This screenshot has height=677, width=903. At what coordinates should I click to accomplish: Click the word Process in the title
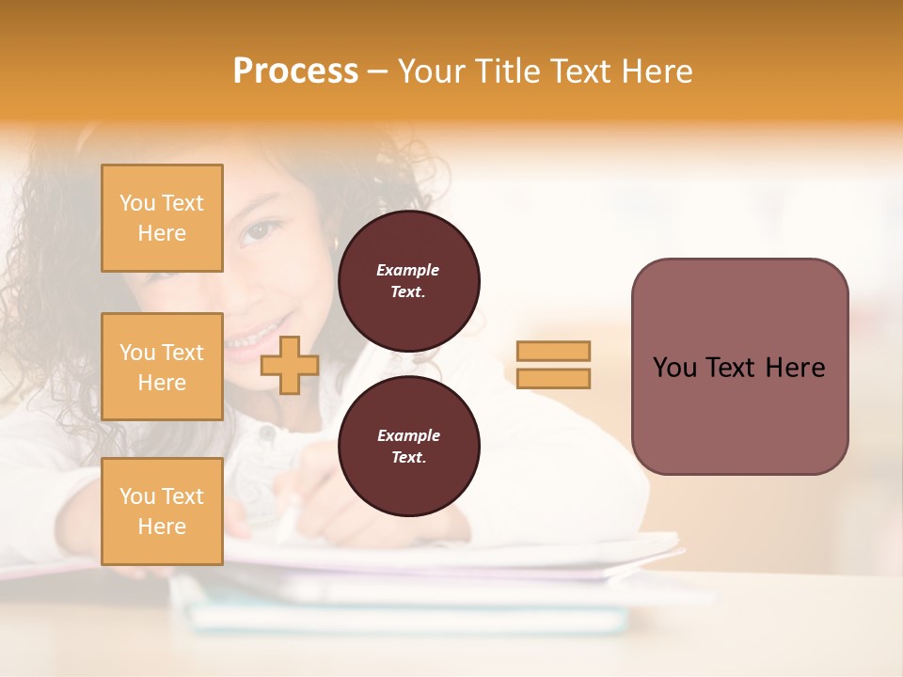tap(295, 71)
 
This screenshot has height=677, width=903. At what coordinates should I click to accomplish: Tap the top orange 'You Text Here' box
tap(162, 218)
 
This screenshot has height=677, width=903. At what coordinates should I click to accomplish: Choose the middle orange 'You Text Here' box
tap(162, 367)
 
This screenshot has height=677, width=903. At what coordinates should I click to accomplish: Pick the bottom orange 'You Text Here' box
tap(162, 511)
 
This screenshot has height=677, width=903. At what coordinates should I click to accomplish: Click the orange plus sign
tap(289, 365)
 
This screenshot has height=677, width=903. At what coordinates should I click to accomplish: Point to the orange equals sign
tap(553, 365)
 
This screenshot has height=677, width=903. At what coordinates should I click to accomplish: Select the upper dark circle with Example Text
tap(408, 280)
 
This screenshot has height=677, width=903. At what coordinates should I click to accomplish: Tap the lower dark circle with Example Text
tap(408, 446)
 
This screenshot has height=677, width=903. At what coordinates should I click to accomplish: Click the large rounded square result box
tap(739, 366)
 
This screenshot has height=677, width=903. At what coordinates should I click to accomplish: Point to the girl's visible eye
tap(256, 232)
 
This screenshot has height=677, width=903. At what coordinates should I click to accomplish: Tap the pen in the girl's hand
tap(288, 517)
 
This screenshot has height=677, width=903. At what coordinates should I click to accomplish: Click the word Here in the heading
tap(656, 71)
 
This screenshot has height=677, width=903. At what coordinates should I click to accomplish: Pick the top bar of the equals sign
tap(553, 352)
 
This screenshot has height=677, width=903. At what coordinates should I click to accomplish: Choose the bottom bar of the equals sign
tap(553, 378)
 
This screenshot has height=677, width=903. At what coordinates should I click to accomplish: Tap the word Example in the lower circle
tap(408, 435)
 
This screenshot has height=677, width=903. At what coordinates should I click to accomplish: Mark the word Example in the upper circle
tap(408, 270)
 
